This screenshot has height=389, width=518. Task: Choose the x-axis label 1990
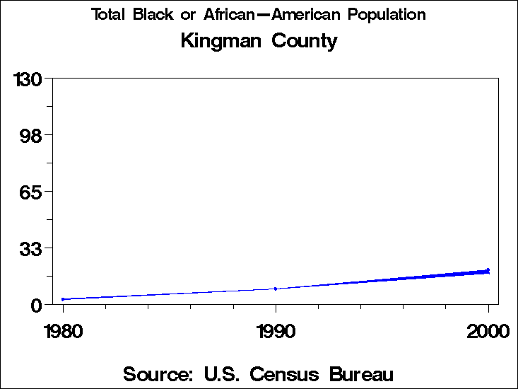pyautogui.click(x=276, y=331)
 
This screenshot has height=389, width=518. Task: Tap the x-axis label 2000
pyautogui.click(x=488, y=331)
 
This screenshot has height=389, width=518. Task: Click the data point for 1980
pyautogui.click(x=63, y=299)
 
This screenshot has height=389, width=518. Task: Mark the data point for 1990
pyautogui.click(x=276, y=289)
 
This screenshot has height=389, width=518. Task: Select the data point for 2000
pyautogui.click(x=488, y=270)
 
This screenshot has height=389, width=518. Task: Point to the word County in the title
pyautogui.click(x=306, y=41)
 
